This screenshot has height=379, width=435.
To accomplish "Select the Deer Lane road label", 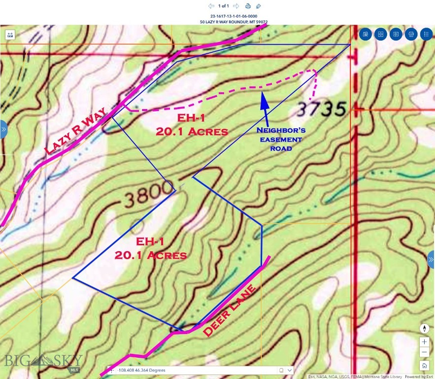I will coord(231,311).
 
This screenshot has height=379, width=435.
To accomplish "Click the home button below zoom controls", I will coord(424,366).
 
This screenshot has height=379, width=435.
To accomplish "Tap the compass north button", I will coord(424,329).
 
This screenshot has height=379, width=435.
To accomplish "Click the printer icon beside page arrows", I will coord(248,6).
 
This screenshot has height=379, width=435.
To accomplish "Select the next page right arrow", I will coord(236,6).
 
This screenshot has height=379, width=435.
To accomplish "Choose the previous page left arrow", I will coord(211,6).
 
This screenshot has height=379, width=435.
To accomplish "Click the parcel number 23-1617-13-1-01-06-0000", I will coord(234,16).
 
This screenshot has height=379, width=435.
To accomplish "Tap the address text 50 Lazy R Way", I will coord(234,22).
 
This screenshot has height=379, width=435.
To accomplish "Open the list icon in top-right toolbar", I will coord(426,34).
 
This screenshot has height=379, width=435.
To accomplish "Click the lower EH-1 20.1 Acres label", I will coord(150,249).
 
